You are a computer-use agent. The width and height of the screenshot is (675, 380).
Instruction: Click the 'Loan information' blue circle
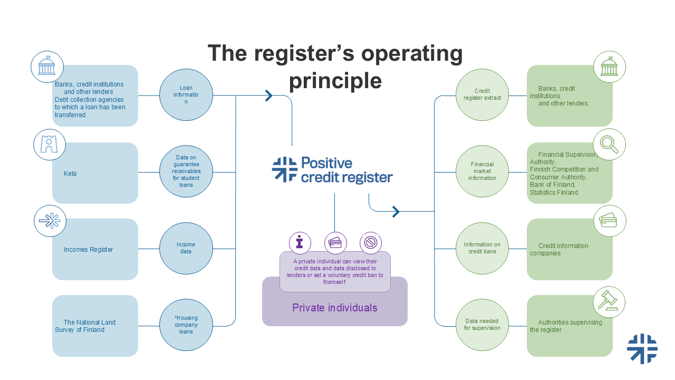(186, 95)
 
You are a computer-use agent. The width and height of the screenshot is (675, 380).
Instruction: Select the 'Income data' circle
(186, 248)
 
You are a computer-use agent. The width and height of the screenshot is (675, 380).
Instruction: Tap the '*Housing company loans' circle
(186, 325)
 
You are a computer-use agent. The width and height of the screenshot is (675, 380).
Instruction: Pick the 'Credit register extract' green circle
(482, 95)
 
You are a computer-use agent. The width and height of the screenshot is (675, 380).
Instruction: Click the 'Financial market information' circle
(482, 172)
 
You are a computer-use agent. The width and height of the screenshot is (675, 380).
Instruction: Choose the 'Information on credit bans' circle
(482, 248)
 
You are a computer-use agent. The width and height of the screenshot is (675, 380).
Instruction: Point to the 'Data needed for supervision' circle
(482, 325)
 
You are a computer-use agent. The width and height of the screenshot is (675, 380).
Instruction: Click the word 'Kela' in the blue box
(70, 174)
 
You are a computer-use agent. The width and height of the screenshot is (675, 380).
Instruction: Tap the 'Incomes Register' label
(88, 250)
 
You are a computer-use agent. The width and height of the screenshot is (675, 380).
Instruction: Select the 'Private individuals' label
(335, 308)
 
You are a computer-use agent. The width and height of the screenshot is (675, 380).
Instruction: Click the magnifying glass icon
(609, 144)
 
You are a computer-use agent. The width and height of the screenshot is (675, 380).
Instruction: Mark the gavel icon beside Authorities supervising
(609, 302)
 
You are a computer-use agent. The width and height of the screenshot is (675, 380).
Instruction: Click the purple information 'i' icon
(300, 243)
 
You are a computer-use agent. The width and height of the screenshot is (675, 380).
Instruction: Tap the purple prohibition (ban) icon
(371, 243)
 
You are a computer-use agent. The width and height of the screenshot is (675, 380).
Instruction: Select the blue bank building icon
(47, 66)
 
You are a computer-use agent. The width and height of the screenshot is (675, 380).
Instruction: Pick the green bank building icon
(609, 67)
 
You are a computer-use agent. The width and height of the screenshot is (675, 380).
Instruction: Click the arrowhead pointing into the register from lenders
(269, 96)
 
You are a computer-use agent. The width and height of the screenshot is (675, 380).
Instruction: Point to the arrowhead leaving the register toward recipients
(396, 212)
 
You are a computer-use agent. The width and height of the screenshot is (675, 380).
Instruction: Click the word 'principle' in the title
(335, 81)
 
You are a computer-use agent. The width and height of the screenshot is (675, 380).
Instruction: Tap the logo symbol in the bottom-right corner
(642, 349)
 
